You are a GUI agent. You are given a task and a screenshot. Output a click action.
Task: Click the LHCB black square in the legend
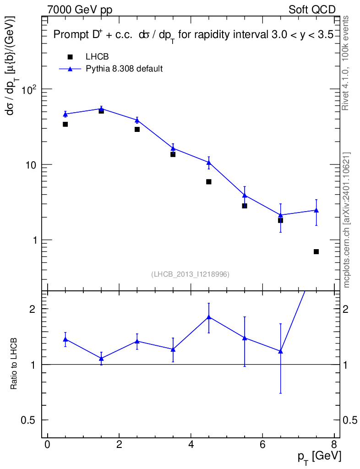click(70, 57)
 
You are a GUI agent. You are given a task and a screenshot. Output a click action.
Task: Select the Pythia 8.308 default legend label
click(124, 69)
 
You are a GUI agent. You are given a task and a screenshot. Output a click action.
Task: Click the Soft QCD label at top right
click(312, 10)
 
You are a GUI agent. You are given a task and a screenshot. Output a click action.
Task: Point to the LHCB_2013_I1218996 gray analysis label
click(190, 274)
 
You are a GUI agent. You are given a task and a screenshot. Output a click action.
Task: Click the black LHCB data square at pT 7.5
click(316, 251)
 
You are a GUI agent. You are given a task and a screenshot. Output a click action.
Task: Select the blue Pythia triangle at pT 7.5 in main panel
click(316, 210)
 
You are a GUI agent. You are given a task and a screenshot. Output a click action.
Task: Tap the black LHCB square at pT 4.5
click(208, 182)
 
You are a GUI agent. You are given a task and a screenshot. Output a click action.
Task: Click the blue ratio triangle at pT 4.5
click(208, 316)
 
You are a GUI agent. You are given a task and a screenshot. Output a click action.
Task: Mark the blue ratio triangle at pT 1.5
click(101, 358)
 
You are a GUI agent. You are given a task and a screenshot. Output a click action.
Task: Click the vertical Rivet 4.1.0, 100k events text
click(346, 63)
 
